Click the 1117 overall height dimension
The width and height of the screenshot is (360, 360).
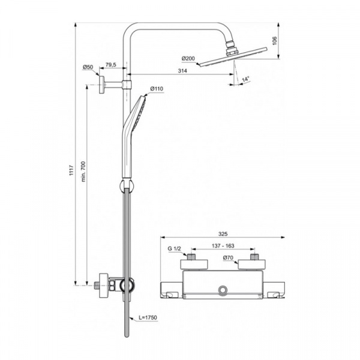pos(71,170)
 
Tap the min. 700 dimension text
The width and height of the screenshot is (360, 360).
pos(83,172)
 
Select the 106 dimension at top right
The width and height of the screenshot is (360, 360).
pos(275,41)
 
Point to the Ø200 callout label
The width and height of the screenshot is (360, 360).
pos(188,59)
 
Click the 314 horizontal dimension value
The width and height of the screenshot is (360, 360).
pos(182,71)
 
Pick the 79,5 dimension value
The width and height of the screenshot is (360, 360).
pos(110,65)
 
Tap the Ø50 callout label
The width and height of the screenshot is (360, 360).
pos(88,67)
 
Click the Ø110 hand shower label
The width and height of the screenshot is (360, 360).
pos(157,89)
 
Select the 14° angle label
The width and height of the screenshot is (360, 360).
pos(245,79)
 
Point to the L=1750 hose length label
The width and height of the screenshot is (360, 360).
pos(148,317)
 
